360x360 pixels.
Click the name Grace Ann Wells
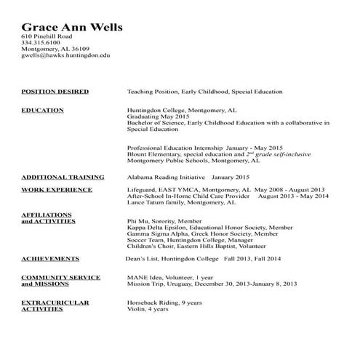pyautogui.click(x=71, y=28)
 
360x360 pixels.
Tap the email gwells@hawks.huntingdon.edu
pyautogui.click(x=65, y=55)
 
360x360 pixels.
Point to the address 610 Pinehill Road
pyautogui.click(x=47, y=36)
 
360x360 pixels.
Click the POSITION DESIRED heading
pyautogui.click(x=55, y=92)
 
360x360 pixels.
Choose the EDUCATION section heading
pyautogui.click(x=42, y=111)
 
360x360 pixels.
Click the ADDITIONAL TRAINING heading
pyautogui.click(x=62, y=177)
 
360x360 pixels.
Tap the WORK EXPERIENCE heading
pyautogui.click(x=57, y=190)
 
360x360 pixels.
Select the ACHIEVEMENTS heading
pyautogui.click(x=50, y=258)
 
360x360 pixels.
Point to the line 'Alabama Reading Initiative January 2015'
pyautogui.click(x=188, y=177)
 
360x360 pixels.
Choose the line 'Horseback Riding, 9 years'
pyautogui.click(x=164, y=301)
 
